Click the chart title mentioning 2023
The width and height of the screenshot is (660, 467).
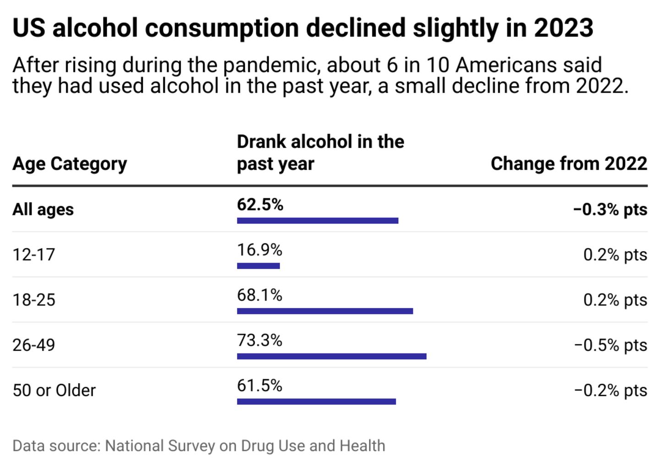click(x=302, y=28)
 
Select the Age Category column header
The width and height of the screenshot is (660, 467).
click(x=70, y=164)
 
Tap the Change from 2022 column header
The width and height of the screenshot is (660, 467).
click(x=569, y=164)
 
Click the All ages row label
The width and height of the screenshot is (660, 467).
click(x=43, y=209)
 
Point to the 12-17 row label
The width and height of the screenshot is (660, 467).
click(x=34, y=254)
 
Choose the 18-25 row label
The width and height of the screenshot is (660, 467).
click(x=34, y=300)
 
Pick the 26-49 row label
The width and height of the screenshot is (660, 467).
click(x=34, y=345)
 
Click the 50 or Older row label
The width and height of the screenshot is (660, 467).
click(x=54, y=390)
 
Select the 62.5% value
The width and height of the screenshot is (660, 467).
click(x=260, y=204)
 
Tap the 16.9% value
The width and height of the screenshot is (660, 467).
click(x=259, y=250)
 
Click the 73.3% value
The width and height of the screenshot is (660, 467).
click(x=259, y=340)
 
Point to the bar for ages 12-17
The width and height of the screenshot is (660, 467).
click(x=258, y=266)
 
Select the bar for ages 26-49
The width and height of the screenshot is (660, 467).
click(x=331, y=356)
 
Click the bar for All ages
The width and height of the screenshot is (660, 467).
click(x=318, y=220)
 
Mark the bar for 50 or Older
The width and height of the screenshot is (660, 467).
click(x=316, y=401)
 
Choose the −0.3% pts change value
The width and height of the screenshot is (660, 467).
click(x=610, y=209)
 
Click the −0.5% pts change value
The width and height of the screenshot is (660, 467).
click(x=610, y=345)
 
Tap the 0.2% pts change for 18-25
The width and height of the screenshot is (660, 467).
click(x=615, y=300)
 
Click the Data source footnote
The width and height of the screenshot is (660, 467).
click(x=199, y=445)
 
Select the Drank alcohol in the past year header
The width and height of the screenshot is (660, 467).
click(x=320, y=153)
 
